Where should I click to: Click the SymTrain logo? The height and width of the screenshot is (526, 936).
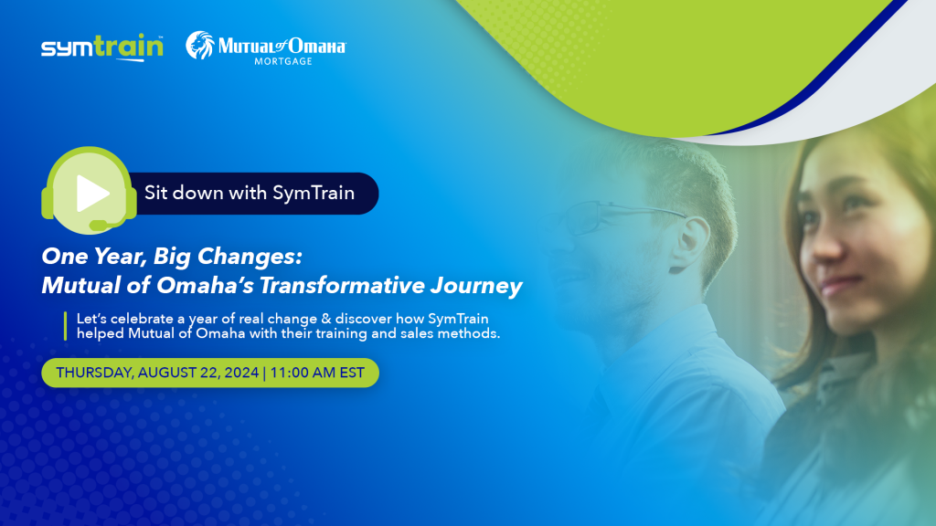click(x=102, y=47)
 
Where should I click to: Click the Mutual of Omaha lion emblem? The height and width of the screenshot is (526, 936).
click(x=200, y=46)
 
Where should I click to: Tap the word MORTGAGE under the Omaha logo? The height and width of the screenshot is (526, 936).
click(x=283, y=61)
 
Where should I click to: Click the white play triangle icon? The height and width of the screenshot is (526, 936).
click(x=92, y=194)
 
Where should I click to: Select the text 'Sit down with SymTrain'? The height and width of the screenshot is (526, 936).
click(x=250, y=193)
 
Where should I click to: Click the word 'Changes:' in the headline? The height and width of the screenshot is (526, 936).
click(x=250, y=257)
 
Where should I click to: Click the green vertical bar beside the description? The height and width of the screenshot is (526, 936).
click(x=65, y=326)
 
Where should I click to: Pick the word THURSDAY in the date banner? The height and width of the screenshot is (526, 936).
click(x=94, y=373)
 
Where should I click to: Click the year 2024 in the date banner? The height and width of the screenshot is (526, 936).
click(x=241, y=373)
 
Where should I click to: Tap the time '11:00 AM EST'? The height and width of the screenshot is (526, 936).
click(x=317, y=373)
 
